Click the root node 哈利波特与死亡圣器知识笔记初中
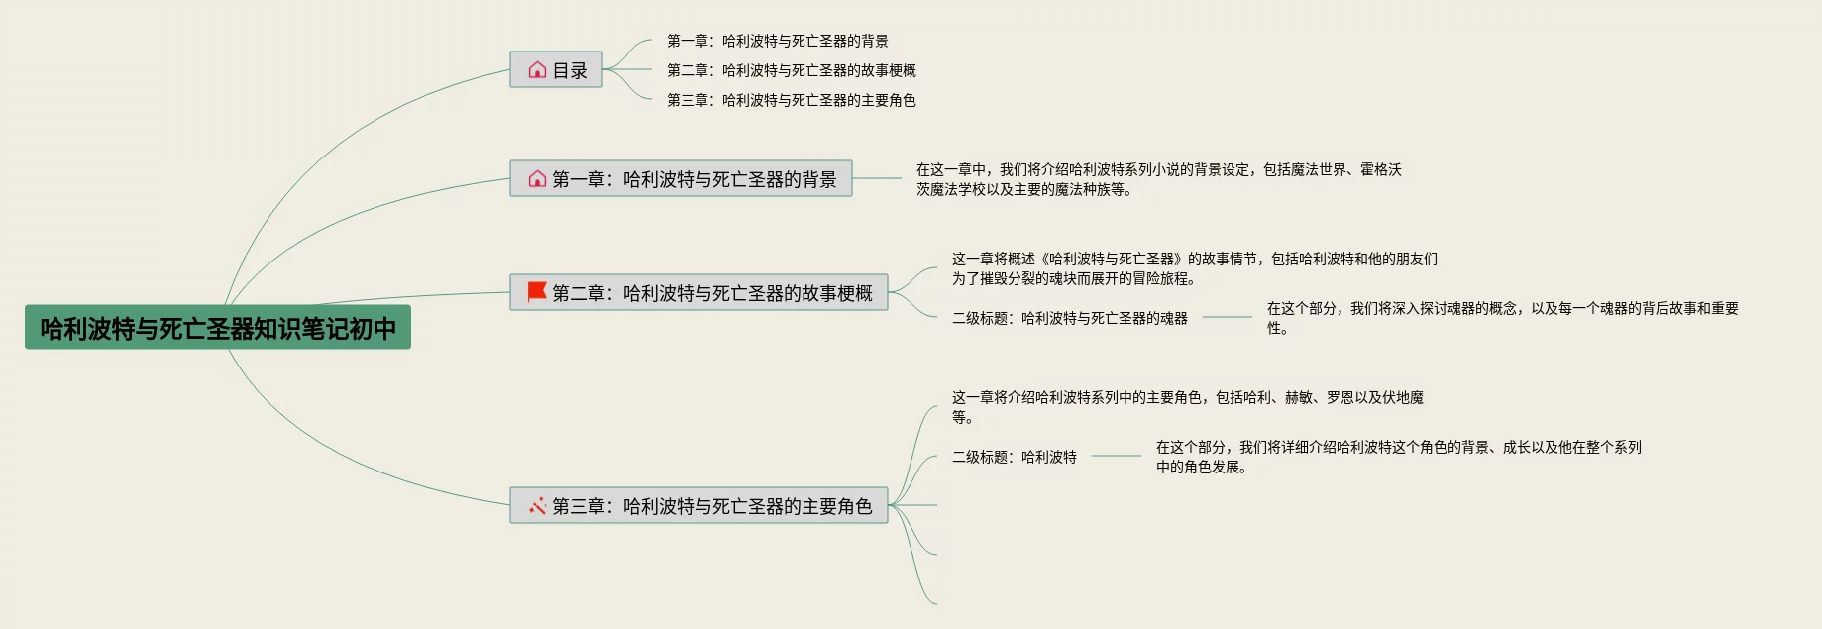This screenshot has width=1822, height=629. (x=218, y=328)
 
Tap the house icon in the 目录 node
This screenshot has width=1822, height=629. (x=537, y=70)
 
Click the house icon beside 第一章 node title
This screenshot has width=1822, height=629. (x=537, y=179)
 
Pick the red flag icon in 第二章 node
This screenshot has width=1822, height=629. (x=537, y=292)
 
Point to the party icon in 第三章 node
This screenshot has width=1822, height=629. (x=537, y=506)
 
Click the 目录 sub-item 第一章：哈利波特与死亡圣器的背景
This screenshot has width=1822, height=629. (x=777, y=41)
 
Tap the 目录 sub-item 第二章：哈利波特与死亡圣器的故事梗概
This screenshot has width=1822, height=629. (x=791, y=70)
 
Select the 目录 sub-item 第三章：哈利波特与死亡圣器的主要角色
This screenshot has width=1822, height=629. (x=791, y=100)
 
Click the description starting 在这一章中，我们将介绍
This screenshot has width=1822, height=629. (x=1158, y=179)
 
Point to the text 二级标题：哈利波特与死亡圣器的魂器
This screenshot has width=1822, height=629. (x=1069, y=318)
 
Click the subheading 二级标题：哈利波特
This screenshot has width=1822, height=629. (x=1014, y=457)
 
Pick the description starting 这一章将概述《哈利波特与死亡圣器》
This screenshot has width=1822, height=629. (x=1194, y=268)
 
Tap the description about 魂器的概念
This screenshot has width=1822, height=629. (x=1502, y=318)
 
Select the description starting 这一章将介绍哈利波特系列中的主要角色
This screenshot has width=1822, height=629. (x=1187, y=406)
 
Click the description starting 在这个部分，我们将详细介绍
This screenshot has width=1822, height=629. (x=1398, y=457)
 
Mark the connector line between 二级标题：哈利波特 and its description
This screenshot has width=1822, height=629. (x=1117, y=456)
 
